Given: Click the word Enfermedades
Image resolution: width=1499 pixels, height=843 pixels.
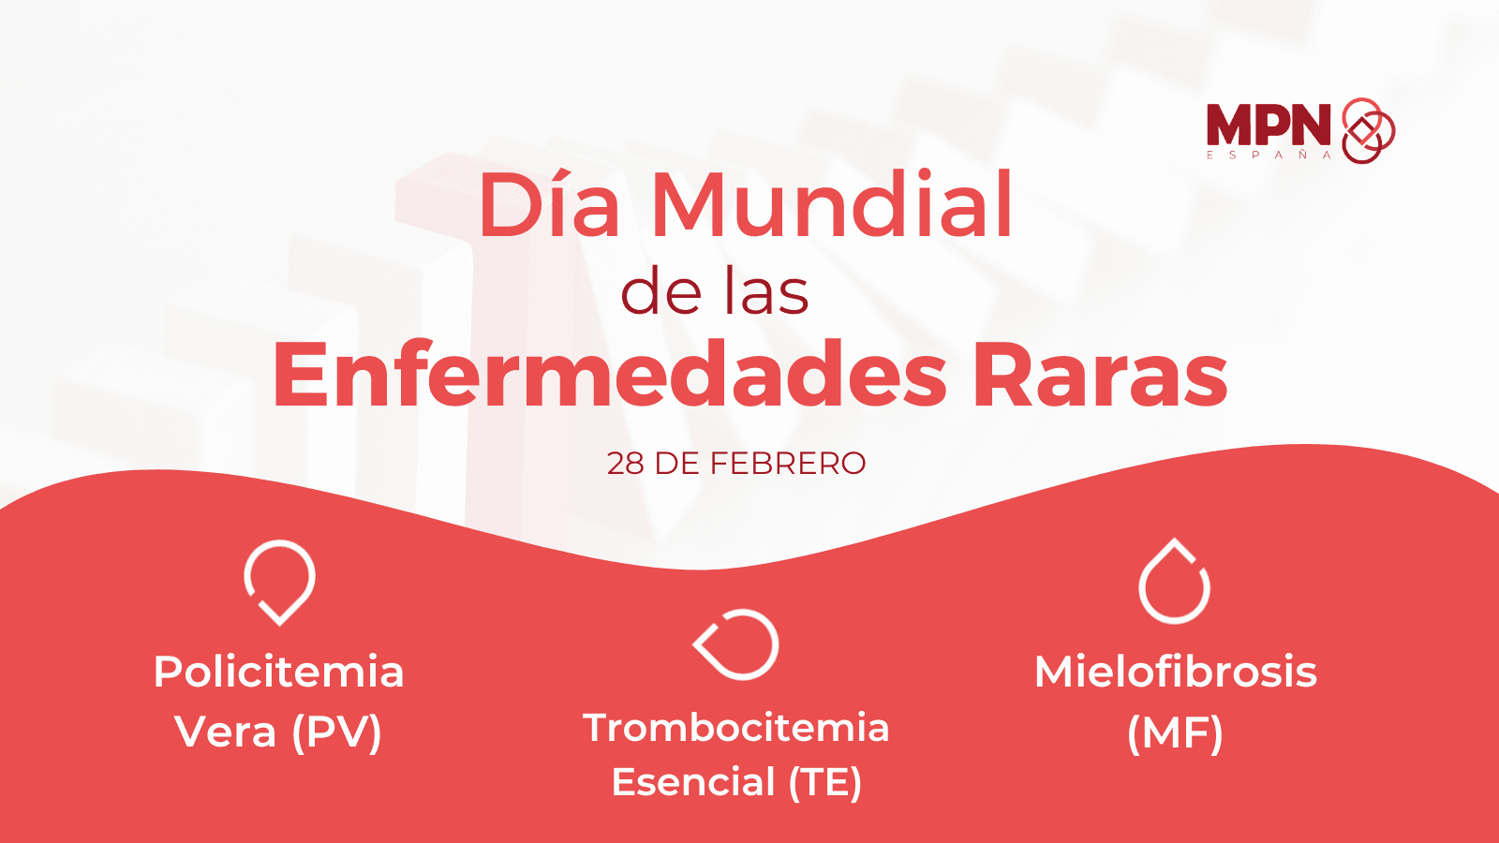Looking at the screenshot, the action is pyautogui.click(x=610, y=374).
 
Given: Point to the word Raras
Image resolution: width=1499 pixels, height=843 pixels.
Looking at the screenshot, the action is pyautogui.click(x=1100, y=374).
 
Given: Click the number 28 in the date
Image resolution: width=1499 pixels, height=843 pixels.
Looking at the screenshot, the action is pyautogui.click(x=626, y=464).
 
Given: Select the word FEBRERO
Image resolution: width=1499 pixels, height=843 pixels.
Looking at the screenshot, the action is pyautogui.click(x=788, y=464).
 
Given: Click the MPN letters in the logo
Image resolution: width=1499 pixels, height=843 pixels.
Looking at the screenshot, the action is pyautogui.click(x=1269, y=125).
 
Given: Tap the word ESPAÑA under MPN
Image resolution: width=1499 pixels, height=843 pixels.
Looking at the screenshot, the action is pyautogui.click(x=1269, y=155).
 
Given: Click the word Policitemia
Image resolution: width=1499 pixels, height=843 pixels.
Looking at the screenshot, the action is pyautogui.click(x=279, y=672).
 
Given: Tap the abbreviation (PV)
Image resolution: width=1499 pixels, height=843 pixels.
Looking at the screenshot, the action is pyautogui.click(x=336, y=732).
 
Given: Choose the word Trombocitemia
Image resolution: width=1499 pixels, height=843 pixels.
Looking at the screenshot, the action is pyautogui.click(x=736, y=728).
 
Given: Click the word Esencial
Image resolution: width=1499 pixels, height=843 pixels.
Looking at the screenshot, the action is pyautogui.click(x=693, y=782).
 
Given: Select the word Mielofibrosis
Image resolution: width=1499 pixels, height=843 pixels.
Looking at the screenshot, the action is pyautogui.click(x=1176, y=672).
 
